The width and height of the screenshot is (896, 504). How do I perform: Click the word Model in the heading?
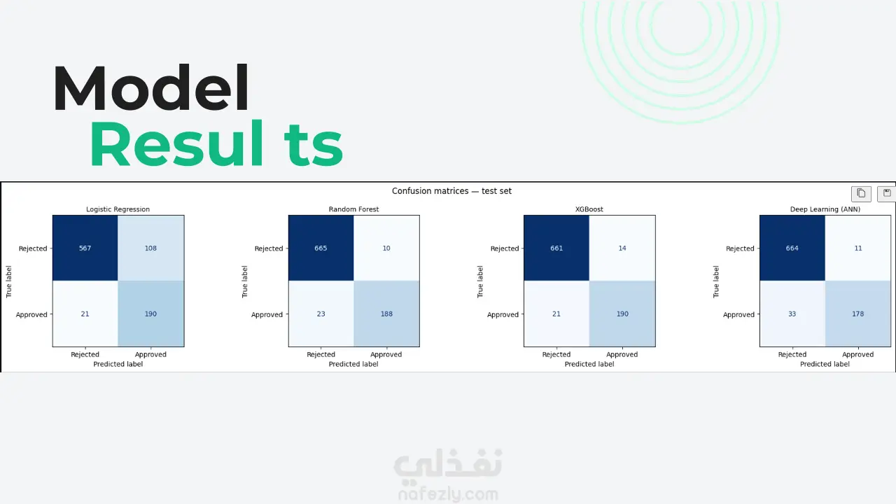click(150, 87)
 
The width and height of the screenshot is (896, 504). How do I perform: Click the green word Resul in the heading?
click(176, 143)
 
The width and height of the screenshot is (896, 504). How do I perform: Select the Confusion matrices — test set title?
click(451, 191)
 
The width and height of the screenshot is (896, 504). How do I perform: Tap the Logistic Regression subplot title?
click(118, 209)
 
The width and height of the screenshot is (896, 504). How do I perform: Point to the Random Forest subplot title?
click(353, 209)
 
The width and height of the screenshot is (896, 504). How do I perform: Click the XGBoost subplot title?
click(589, 209)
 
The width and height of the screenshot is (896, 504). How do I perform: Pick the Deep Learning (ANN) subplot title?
click(825, 209)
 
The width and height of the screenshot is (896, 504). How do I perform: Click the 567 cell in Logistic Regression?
click(85, 248)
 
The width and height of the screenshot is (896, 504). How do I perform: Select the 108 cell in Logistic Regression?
click(150, 248)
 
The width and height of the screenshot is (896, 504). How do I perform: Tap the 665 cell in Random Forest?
click(321, 248)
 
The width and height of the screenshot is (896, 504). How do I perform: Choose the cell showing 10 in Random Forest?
click(386, 248)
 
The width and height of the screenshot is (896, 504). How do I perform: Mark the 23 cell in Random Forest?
click(321, 314)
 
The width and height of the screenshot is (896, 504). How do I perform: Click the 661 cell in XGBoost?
click(556, 248)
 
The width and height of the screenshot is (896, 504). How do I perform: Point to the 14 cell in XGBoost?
click(622, 248)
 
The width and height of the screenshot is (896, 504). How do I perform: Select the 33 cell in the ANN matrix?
click(792, 314)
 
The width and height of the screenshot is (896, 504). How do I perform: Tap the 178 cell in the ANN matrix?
click(858, 314)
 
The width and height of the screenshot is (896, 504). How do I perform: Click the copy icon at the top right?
click(861, 194)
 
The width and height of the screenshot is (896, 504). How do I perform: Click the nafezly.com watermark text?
click(449, 494)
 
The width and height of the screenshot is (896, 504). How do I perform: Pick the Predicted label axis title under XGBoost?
click(589, 364)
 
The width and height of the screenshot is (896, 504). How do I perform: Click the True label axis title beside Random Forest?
click(245, 281)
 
